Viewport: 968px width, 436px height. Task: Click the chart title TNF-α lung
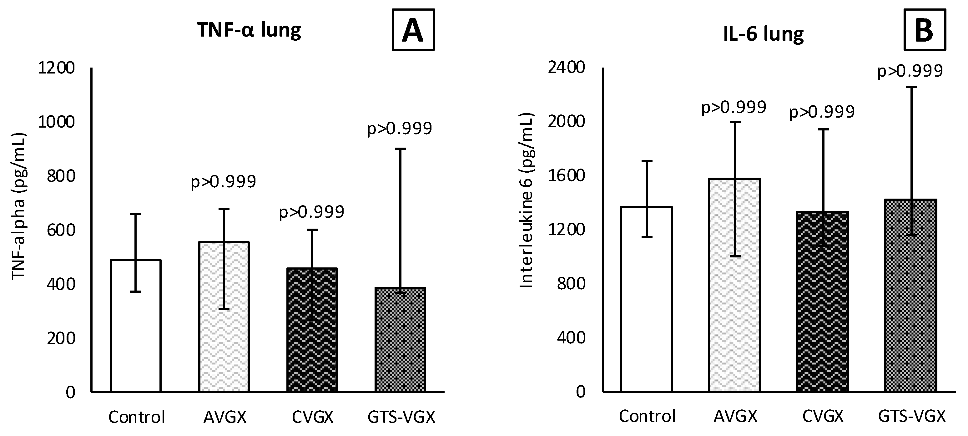point(249,30)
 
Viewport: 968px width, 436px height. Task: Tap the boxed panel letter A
point(413,30)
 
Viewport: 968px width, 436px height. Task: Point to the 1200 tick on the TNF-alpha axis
point(56,68)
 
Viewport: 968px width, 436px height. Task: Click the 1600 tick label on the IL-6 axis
point(567,176)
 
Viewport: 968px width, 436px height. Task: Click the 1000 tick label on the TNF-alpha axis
point(56,122)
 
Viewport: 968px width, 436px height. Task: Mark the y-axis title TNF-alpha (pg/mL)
point(19,206)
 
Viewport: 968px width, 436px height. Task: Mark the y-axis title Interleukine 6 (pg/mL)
point(527,200)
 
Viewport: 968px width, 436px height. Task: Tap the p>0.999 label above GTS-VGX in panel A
point(400,129)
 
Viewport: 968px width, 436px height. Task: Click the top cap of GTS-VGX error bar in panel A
point(400,149)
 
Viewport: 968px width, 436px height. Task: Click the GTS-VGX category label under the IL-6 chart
point(912,417)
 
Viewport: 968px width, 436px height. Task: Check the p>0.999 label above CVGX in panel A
point(311,212)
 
